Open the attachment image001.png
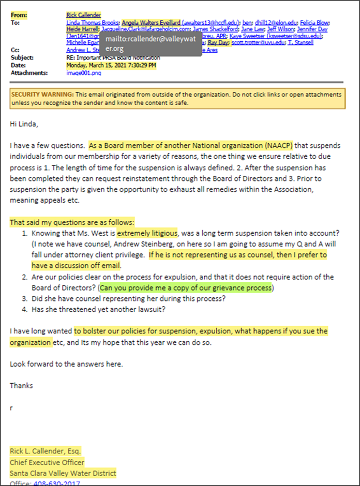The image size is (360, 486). point(84,73)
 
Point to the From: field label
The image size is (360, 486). point(19,15)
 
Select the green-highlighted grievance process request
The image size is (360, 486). point(187,287)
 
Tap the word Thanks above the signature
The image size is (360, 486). point(21,386)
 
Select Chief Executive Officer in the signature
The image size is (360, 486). point(47,462)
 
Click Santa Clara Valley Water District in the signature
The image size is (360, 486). point(63,473)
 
